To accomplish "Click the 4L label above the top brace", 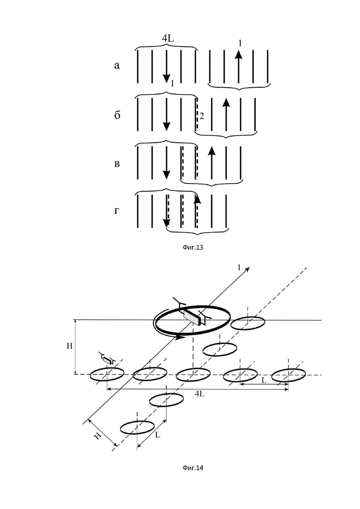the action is click(168, 38).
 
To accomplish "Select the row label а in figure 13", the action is click(117, 66).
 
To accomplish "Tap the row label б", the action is click(117, 115).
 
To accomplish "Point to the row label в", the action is click(117, 164).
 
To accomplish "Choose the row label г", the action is click(117, 211).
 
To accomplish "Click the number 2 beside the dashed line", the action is click(202, 116).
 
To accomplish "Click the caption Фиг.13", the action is click(193, 247).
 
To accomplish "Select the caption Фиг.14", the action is click(193, 468).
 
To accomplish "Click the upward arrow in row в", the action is click(212, 162).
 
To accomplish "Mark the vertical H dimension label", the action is click(70, 346).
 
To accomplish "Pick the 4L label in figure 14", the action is click(200, 394).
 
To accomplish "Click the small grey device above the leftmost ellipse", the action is click(107, 359).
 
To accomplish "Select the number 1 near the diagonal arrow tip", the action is click(239, 268).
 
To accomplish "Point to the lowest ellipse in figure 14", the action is click(138, 427).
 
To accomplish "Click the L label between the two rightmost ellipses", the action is click(264, 380).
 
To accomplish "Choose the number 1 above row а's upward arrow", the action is click(240, 43).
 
